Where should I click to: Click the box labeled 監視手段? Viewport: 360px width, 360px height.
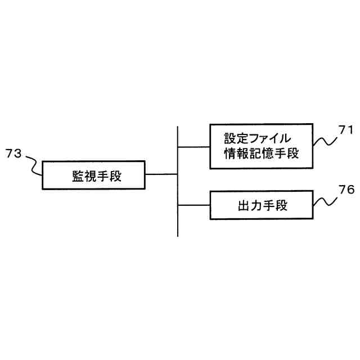pyautogui.click(x=93, y=175)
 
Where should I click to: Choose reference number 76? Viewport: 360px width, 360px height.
pyautogui.click(x=346, y=190)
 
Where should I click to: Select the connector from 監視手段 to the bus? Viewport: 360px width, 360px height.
pyautogui.click(x=161, y=174)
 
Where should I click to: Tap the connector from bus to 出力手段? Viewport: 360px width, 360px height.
pyautogui.click(x=194, y=205)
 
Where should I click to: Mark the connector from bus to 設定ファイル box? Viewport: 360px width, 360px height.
pyautogui.click(x=194, y=147)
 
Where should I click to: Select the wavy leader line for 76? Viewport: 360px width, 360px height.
pyautogui.click(x=325, y=201)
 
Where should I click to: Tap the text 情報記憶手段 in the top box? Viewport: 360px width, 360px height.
pyautogui.click(x=261, y=154)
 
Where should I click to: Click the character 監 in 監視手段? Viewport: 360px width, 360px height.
pyautogui.click(x=78, y=175)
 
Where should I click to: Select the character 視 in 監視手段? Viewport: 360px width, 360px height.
pyautogui.click(x=90, y=175)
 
